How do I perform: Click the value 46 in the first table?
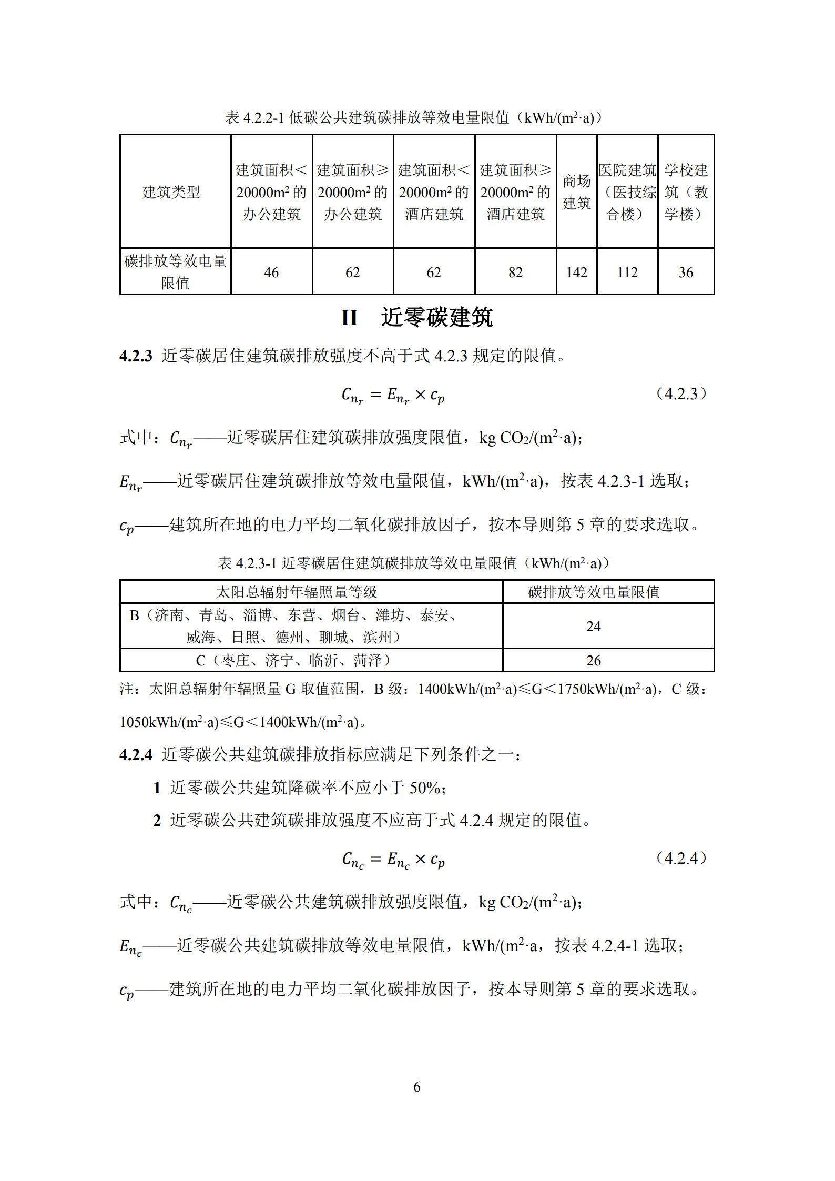pyautogui.click(x=271, y=272)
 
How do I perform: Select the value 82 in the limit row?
pyautogui.click(x=515, y=272)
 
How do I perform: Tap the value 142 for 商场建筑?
pyautogui.click(x=576, y=272)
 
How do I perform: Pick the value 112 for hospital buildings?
pyautogui.click(x=627, y=272)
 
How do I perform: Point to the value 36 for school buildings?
pyautogui.click(x=685, y=272)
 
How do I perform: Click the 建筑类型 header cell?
pyautogui.click(x=171, y=192)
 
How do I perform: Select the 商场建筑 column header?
pyautogui.click(x=576, y=192)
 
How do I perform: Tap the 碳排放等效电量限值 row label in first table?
pyautogui.click(x=175, y=271)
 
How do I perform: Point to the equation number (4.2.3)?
pyautogui.click(x=681, y=393)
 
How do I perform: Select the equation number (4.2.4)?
pyautogui.click(x=681, y=859)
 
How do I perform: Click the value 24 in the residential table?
pyautogui.click(x=593, y=626)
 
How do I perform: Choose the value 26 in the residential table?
pyautogui.click(x=593, y=661)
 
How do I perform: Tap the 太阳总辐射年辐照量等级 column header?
pyautogui.click(x=297, y=592)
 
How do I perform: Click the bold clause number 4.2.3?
pyautogui.click(x=136, y=356)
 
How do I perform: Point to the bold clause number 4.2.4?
pyautogui.click(x=136, y=755)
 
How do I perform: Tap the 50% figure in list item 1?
pyautogui.click(x=425, y=788)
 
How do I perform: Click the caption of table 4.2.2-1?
pyautogui.click(x=414, y=118)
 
